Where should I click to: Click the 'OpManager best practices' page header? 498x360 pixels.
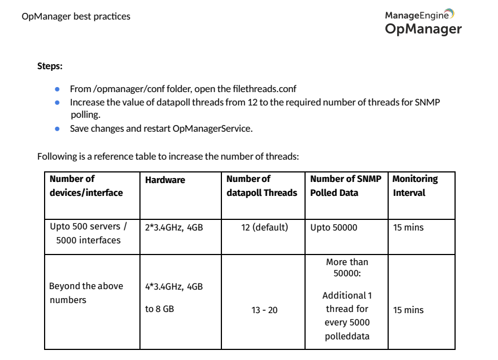tap(76, 16)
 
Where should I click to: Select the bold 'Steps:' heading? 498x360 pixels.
tap(50, 66)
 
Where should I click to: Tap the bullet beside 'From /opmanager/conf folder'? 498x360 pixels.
tap(57, 89)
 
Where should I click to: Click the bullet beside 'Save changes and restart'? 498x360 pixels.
tap(57, 129)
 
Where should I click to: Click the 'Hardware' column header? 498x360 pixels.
tap(165, 180)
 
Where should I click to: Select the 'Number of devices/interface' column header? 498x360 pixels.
tap(86, 186)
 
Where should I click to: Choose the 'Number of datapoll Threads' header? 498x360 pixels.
tap(262, 186)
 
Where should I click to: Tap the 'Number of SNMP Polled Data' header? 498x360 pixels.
tap(346, 186)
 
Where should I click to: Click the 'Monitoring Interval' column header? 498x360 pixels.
tap(415, 186)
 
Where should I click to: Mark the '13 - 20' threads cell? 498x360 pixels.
tap(264, 310)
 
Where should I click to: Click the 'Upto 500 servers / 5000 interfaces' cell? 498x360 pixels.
tap(88, 234)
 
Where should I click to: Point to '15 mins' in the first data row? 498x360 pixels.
tap(408, 228)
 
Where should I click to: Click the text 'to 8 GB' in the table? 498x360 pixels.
tap(159, 309)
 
